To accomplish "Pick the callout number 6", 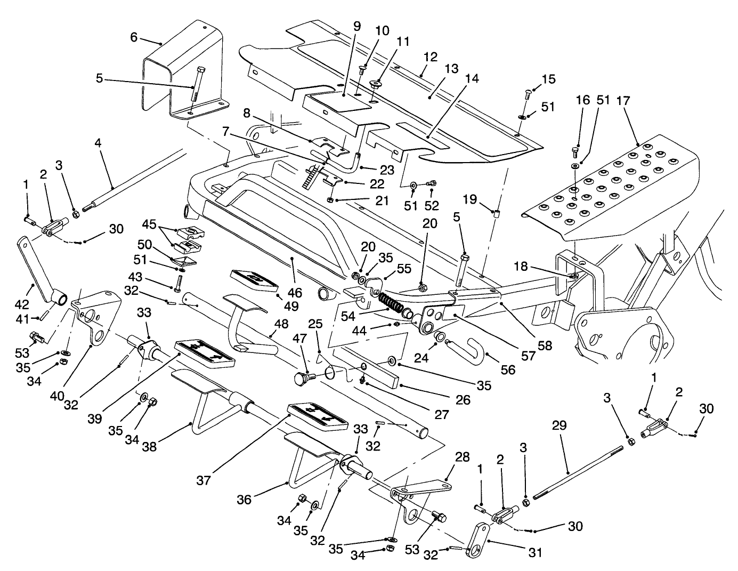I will [134, 37].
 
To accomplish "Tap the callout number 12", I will [431, 56].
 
